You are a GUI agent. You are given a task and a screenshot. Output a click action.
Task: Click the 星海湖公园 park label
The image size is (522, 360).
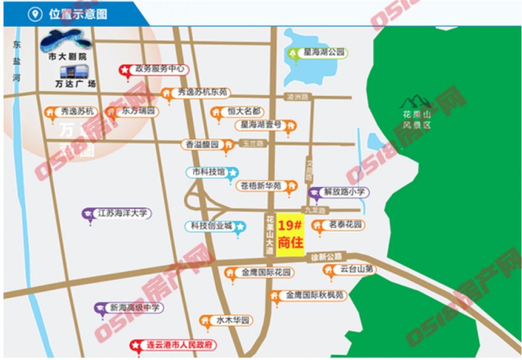pos(322,53)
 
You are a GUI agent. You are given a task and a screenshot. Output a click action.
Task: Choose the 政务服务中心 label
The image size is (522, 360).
pos(159,70)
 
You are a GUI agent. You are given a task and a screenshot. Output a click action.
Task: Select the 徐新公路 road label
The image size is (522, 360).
pos(326,257)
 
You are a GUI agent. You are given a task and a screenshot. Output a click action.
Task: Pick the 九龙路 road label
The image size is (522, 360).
pos(315,210)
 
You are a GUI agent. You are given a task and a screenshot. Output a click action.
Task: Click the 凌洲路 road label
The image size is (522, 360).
pos(297,97)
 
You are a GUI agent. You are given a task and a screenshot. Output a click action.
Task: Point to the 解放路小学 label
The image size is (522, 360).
pos(344,192)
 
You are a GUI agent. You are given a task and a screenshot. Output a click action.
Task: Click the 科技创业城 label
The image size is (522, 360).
pos(212,226)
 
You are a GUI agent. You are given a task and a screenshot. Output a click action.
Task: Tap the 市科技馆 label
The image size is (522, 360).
pos(208,172)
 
